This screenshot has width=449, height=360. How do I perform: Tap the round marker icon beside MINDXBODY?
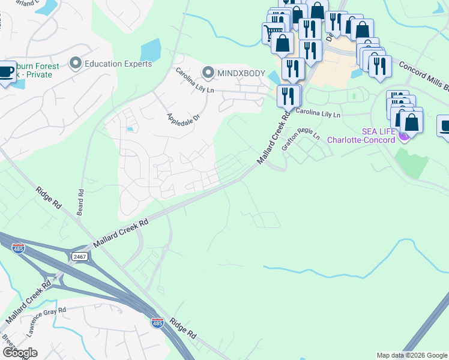tap(208, 73)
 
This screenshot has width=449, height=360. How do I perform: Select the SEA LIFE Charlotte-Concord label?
tap(361, 136)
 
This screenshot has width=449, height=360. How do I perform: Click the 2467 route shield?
tap(79, 256)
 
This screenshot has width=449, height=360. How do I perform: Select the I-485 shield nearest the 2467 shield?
tap(19, 248)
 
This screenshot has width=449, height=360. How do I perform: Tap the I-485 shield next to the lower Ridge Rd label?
tap(157, 322)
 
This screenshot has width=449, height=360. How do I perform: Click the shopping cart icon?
tap(273, 32)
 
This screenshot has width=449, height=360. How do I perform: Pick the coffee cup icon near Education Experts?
tap(7, 73)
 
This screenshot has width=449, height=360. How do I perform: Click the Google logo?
tap(20, 352)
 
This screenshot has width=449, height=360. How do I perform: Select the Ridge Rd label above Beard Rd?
tap(50, 196)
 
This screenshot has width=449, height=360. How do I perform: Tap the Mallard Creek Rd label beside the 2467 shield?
tap(120, 233)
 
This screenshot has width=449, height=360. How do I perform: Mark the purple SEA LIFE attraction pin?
tap(403, 136)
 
